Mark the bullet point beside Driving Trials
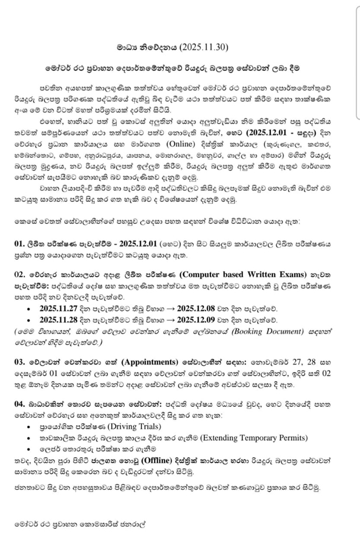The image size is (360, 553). (29, 427)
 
